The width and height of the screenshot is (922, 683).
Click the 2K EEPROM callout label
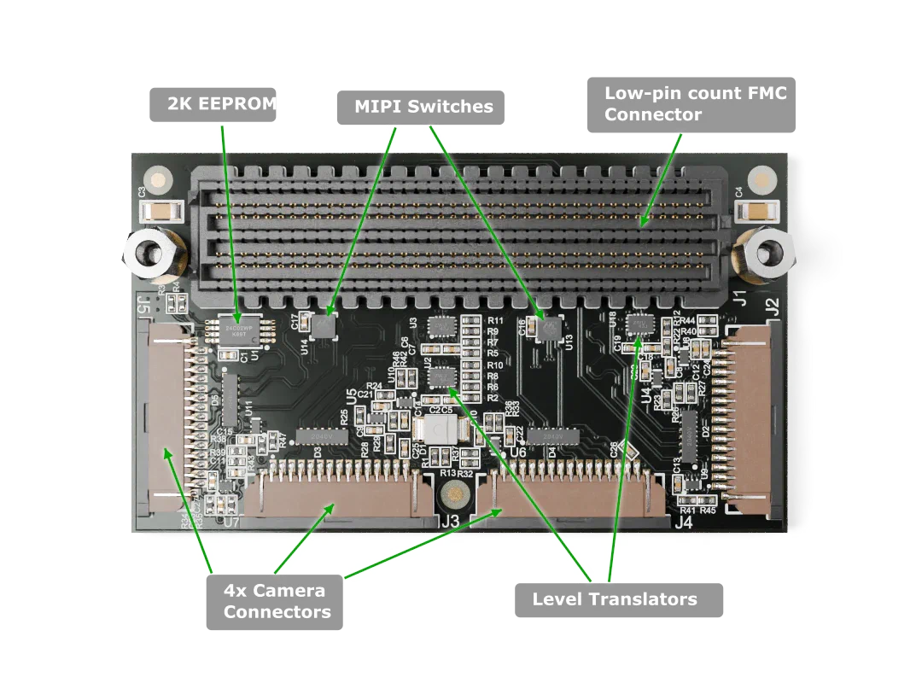click(211, 104)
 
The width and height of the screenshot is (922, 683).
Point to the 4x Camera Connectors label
click(276, 602)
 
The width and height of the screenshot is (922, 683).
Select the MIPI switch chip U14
click(324, 325)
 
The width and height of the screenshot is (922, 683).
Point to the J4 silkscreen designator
click(683, 522)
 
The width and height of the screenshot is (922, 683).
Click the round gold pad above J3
click(455, 495)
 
